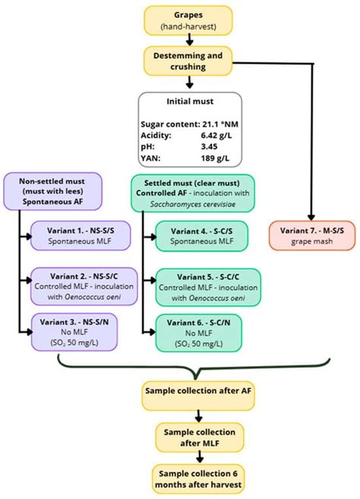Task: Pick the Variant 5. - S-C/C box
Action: coord(203,283)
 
